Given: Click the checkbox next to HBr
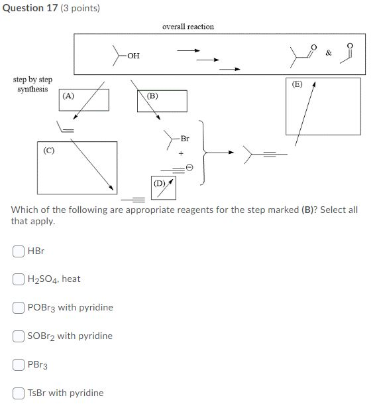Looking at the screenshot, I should (18, 251).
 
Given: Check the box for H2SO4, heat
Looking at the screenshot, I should (18, 279).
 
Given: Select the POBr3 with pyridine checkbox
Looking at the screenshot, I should (18, 308).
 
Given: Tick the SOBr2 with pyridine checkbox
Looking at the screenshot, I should (18, 336).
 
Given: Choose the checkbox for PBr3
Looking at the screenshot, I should (18, 364).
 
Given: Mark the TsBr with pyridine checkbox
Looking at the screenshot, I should (18, 393).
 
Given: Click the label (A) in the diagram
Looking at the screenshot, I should (68, 96).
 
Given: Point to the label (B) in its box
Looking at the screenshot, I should (152, 96).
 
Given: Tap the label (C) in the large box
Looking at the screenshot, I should (48, 150).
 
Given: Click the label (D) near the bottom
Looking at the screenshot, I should (160, 182).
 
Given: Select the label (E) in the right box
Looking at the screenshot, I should (296, 84).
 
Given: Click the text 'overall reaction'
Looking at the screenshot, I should (188, 27).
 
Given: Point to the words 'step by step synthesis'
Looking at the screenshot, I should (32, 84).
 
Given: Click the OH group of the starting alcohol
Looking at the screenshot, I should (133, 56).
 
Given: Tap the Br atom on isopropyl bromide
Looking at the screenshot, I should (184, 139).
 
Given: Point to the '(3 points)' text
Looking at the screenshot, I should (80, 9).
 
